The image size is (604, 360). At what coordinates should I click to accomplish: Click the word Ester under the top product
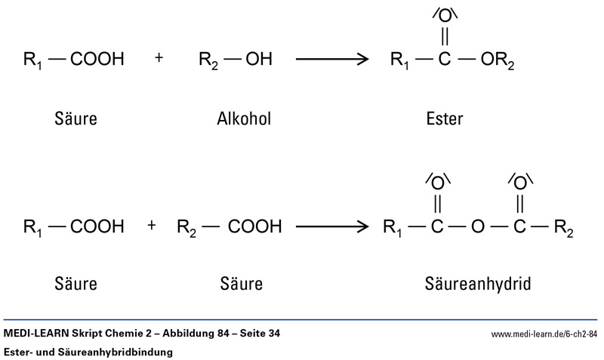(x=444, y=118)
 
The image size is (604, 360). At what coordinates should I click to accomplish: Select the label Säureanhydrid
(x=477, y=285)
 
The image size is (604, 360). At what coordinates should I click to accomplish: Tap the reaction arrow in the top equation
(x=332, y=58)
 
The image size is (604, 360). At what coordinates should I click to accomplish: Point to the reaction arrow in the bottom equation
(x=332, y=226)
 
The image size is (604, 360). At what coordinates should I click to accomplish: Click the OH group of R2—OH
(x=259, y=59)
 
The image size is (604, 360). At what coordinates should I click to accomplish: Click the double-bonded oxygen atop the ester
(x=444, y=16)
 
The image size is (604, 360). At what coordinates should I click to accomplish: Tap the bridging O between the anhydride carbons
(x=476, y=226)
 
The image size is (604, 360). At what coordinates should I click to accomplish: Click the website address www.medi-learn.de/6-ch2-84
(x=544, y=334)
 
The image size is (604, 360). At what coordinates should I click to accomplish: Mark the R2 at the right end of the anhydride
(x=563, y=226)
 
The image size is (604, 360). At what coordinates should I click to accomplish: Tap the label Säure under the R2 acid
(x=242, y=285)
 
